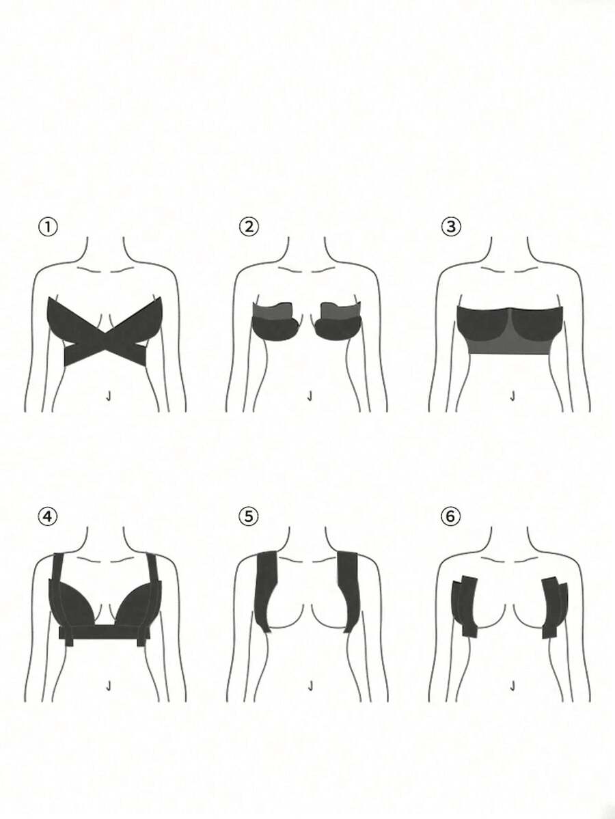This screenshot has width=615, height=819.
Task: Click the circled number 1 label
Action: click(x=48, y=227)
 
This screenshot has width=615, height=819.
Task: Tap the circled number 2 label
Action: click(x=249, y=227)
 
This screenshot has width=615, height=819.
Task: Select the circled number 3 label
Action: click(x=451, y=227)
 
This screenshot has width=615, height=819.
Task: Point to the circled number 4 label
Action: click(x=48, y=517)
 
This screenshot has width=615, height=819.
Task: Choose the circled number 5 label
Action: click(x=249, y=516)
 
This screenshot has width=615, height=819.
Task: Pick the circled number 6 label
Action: click(x=451, y=516)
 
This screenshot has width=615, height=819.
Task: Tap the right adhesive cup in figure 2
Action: click(x=340, y=323)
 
